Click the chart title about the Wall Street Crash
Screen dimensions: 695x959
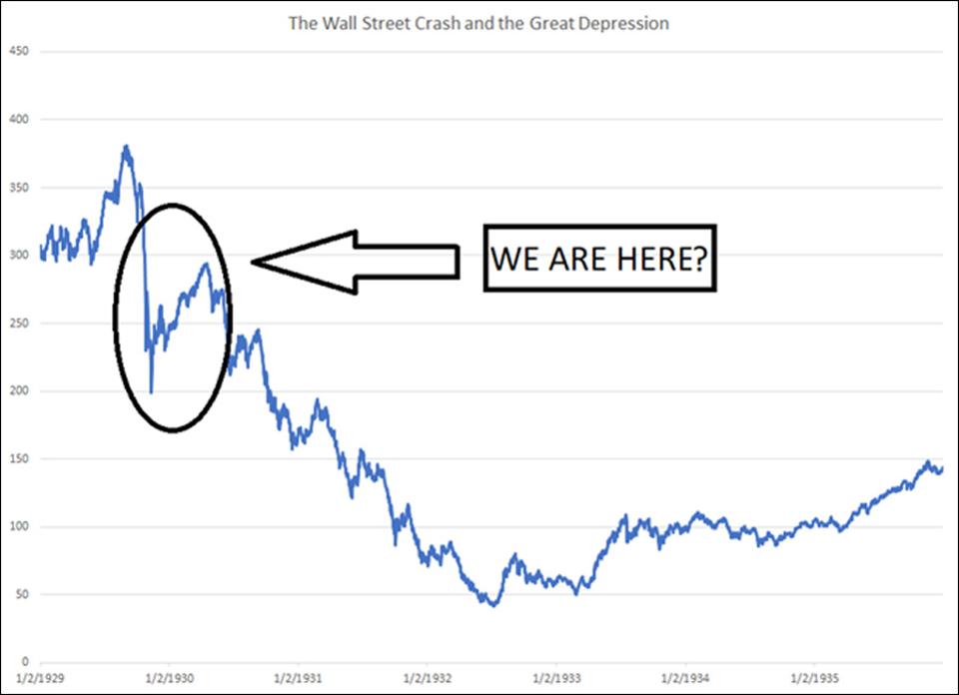pos(479,23)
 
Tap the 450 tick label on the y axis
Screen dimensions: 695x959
pos(19,51)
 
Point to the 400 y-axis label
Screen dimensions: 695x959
pos(19,119)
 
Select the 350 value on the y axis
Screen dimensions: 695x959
pos(19,187)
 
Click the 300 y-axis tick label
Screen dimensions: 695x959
pos(19,255)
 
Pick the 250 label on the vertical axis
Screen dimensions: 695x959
pos(19,323)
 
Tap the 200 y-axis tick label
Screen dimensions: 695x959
pos(19,390)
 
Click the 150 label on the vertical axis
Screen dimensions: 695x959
pos(19,458)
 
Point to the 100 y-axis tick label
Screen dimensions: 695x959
pos(19,526)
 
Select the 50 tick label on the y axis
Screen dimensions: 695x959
pos(22,594)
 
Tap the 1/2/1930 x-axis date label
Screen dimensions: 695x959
pos(169,675)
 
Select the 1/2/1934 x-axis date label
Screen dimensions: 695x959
pos(685,675)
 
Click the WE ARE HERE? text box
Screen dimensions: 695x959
pos(599,258)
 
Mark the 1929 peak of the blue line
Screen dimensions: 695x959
pos(126,147)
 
